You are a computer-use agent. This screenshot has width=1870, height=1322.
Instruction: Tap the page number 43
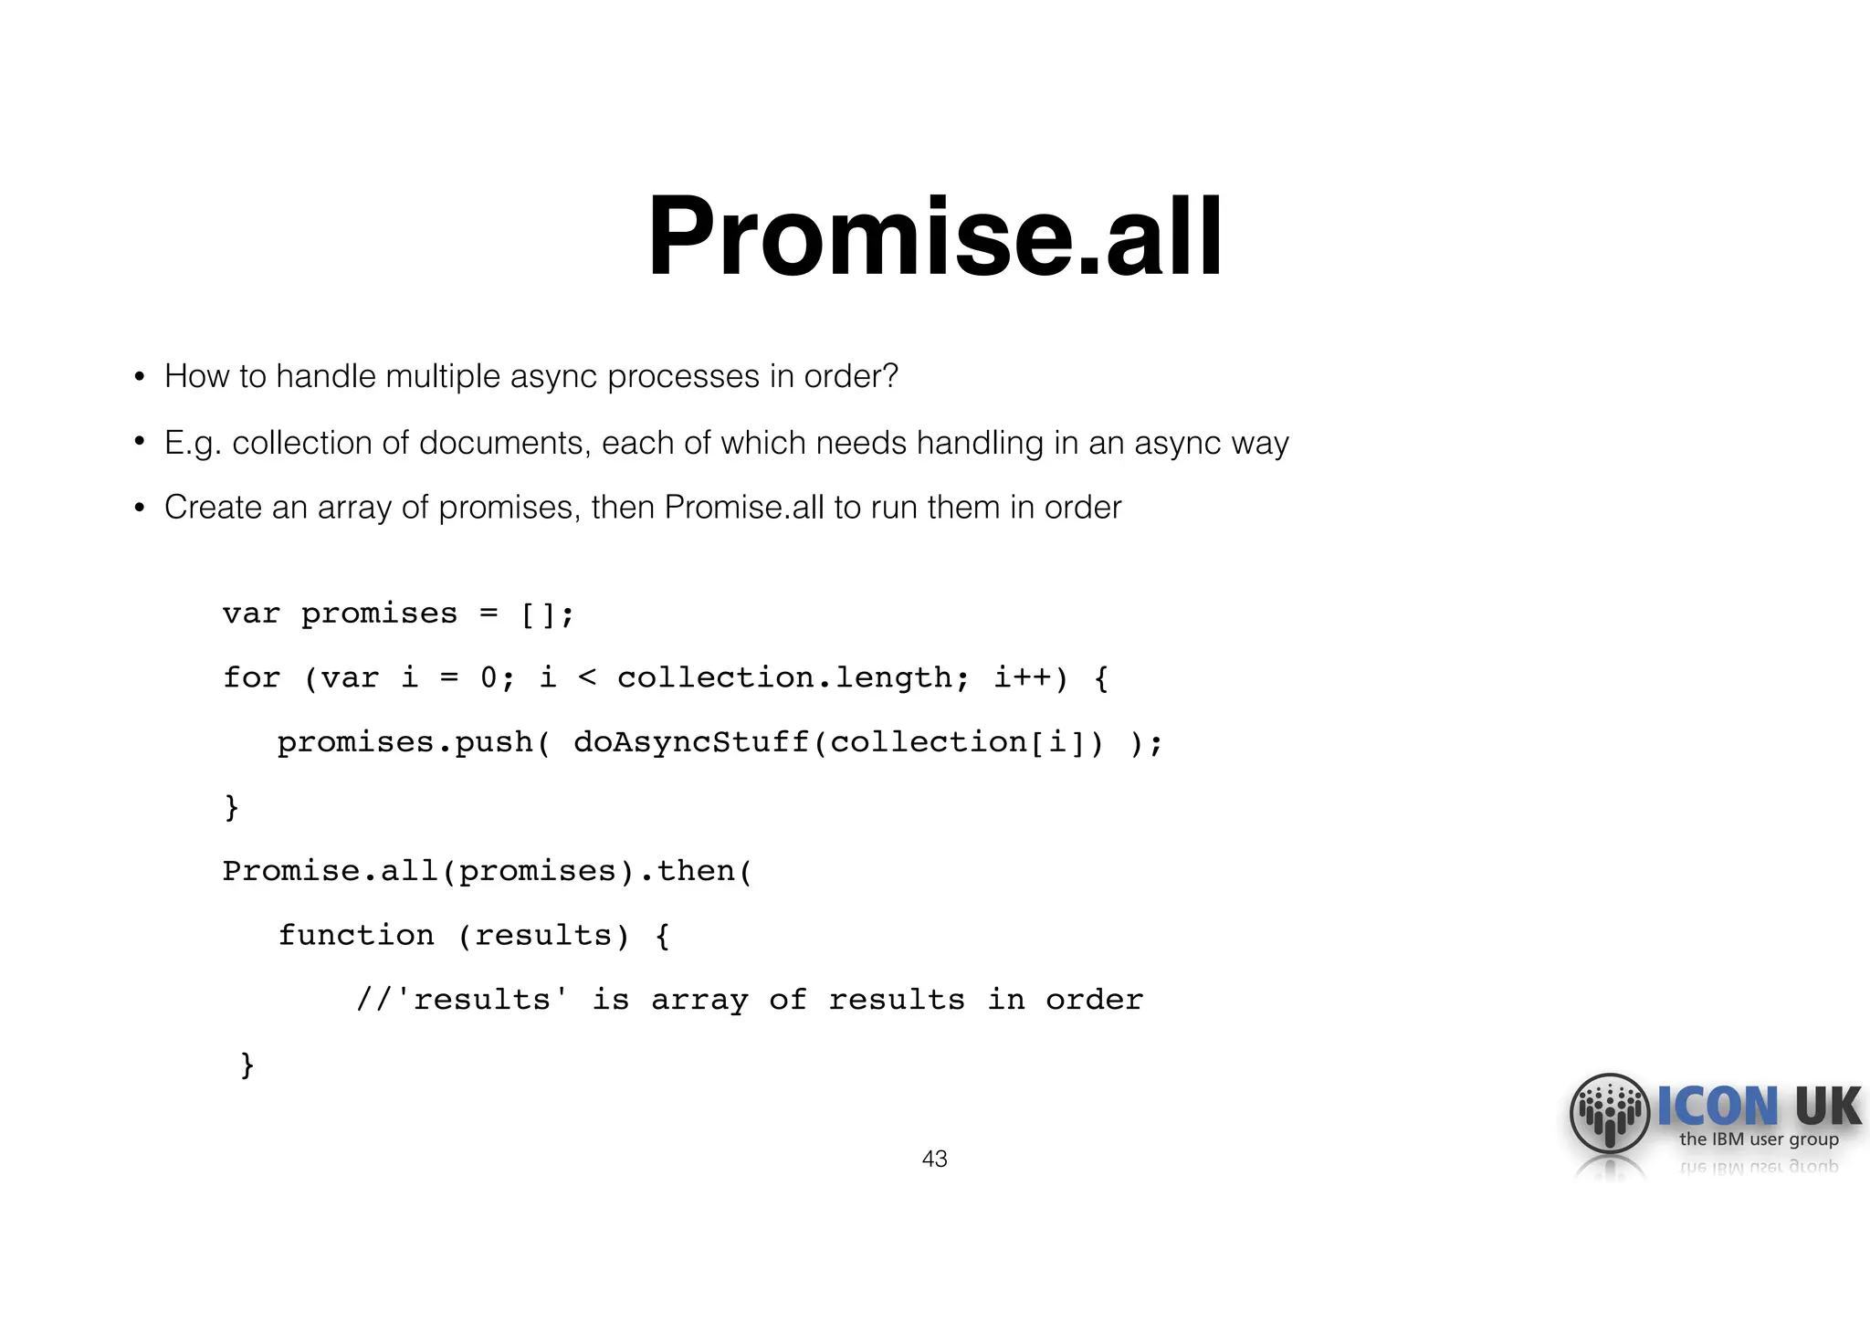pyautogui.click(x=934, y=1159)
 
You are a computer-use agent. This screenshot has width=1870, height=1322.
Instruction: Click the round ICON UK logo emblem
pyautogui.click(x=1609, y=1113)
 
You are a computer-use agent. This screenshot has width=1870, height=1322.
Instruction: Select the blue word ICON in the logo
pyautogui.click(x=1718, y=1107)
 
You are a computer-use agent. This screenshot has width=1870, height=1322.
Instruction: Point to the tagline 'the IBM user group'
pyautogui.click(x=1759, y=1139)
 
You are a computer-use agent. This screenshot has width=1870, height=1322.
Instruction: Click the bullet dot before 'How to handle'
pyautogui.click(x=140, y=376)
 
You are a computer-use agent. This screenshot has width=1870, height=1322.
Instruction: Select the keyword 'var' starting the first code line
pyautogui.click(x=251, y=614)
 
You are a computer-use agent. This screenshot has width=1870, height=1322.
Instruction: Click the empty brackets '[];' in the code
pyautogui.click(x=547, y=614)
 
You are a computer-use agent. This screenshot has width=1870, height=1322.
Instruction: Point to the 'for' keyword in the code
pyautogui.click(x=251, y=677)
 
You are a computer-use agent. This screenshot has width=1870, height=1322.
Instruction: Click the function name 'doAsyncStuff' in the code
pyautogui.click(x=691, y=742)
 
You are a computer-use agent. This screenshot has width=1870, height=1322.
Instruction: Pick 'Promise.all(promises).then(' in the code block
pyautogui.click(x=488, y=871)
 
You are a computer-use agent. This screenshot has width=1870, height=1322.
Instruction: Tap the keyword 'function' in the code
pyautogui.click(x=356, y=935)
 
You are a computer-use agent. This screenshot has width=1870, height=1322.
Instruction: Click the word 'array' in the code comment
pyautogui.click(x=699, y=1000)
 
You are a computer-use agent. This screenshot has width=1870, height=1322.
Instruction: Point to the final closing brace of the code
pyautogui.click(x=247, y=1065)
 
